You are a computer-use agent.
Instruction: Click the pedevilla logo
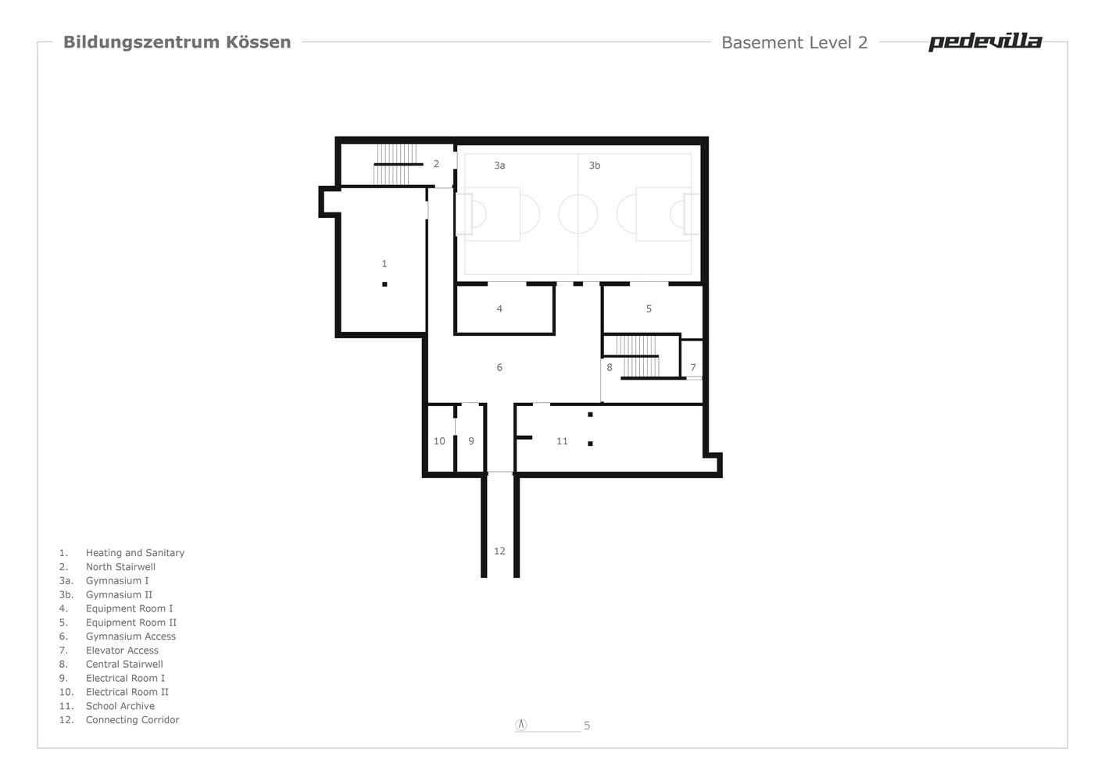[985, 42]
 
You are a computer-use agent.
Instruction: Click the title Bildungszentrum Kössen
[177, 42]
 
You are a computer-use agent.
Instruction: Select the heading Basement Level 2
[794, 43]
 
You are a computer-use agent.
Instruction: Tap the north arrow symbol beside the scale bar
[521, 724]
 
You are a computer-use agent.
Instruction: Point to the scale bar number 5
[587, 726]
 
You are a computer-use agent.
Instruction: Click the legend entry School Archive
[120, 705]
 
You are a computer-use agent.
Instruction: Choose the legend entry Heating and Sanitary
[135, 553]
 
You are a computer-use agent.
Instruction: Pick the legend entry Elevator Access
[122, 650]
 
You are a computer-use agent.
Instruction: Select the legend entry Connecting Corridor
[132, 719]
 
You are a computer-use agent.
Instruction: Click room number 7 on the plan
[693, 367]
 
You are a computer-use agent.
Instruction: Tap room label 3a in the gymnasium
[499, 166]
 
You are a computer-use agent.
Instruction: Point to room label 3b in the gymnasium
[595, 166]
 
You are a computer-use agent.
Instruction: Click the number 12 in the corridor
[499, 551]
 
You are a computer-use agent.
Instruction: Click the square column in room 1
[384, 284]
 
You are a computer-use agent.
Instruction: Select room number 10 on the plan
[439, 440]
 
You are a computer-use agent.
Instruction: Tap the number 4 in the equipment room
[499, 308]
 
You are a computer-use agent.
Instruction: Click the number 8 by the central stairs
[610, 367]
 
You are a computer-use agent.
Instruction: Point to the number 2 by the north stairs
[436, 164]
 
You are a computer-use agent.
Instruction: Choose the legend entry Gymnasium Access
[131, 636]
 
